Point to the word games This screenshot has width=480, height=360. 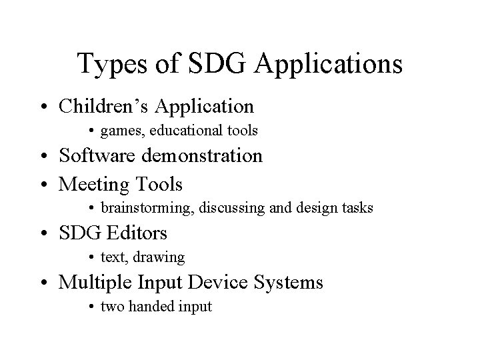[118, 132]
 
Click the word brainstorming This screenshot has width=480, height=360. [141, 209]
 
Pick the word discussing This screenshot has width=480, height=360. [228, 209]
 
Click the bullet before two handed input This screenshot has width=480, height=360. [92, 308]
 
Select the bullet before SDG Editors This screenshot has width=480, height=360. [48, 234]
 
